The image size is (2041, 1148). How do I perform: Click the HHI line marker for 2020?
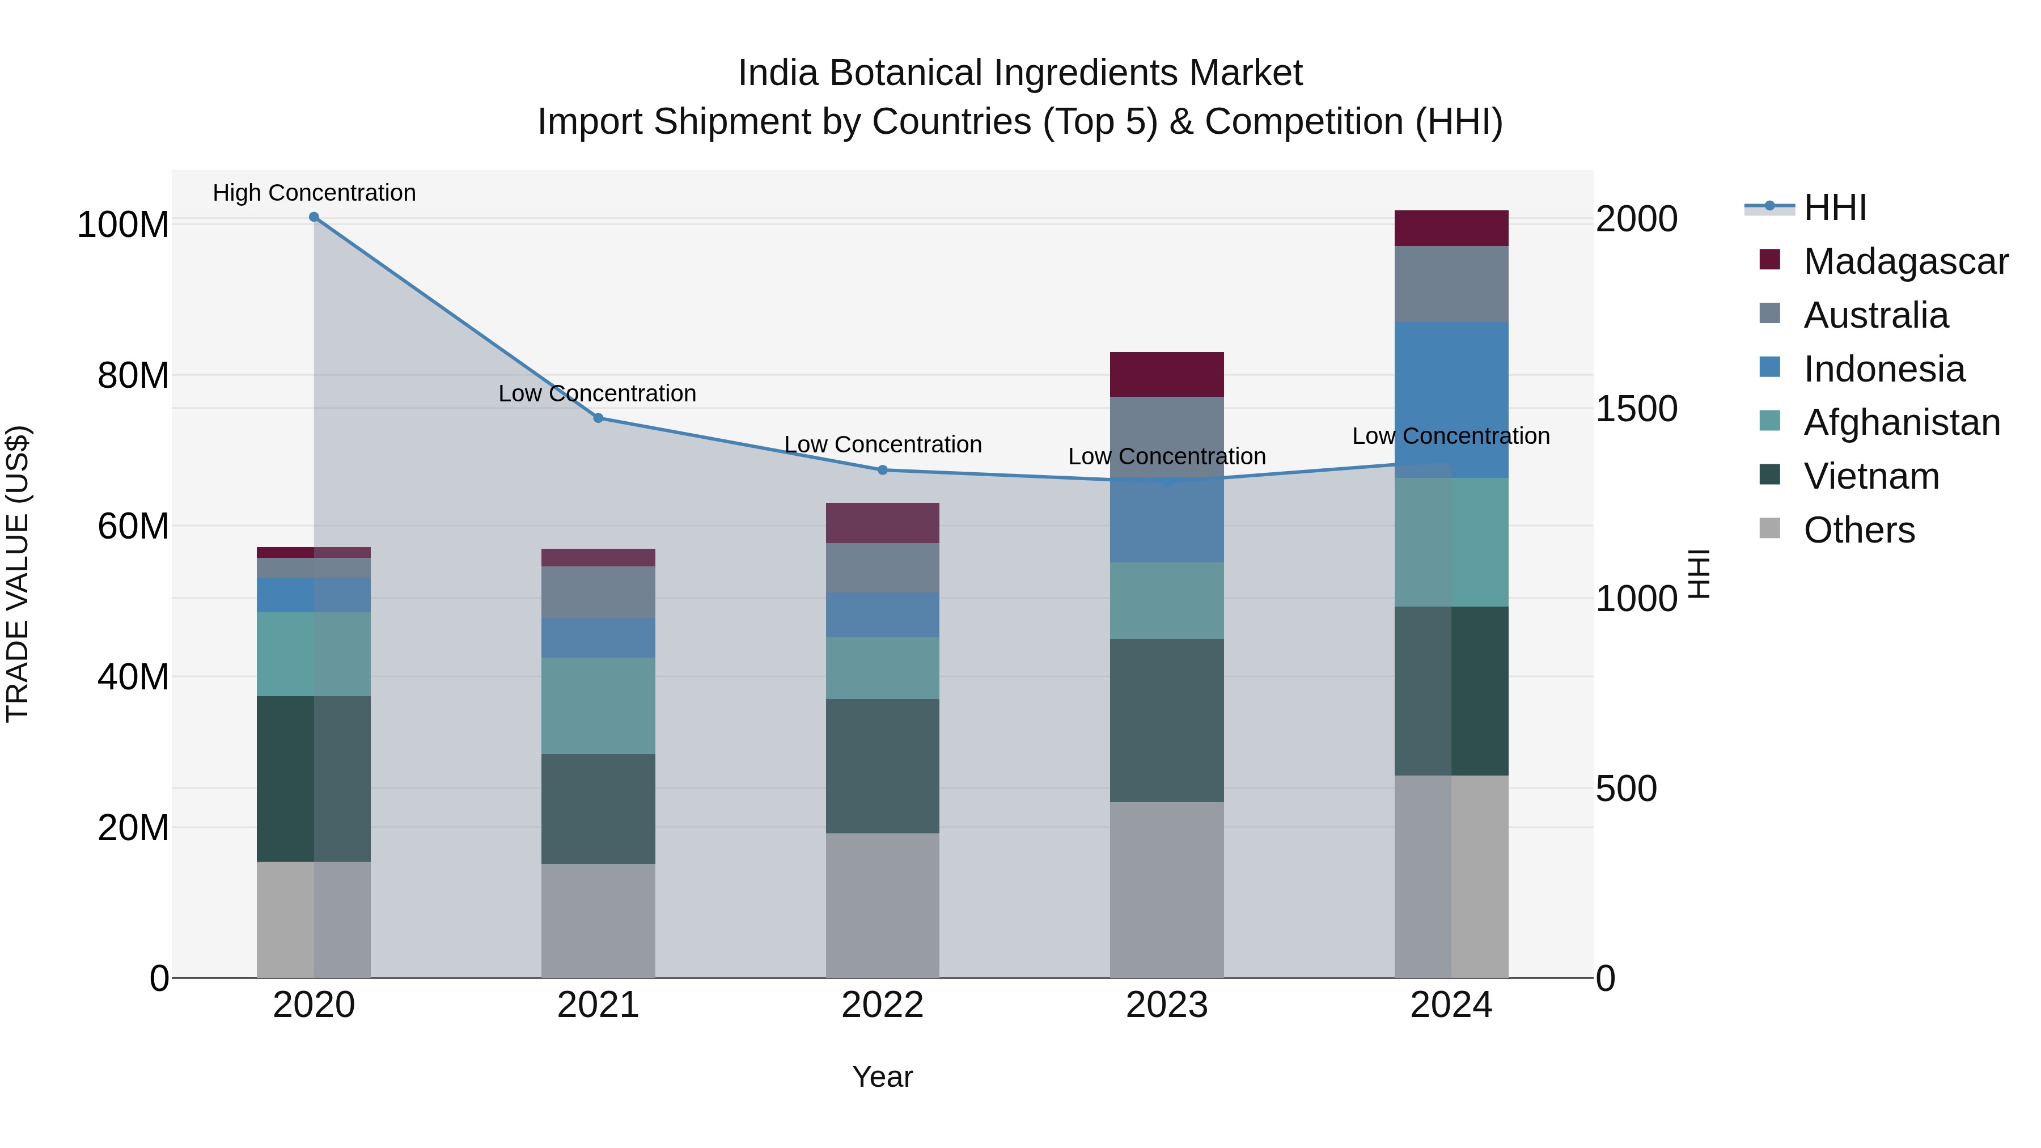click(x=314, y=217)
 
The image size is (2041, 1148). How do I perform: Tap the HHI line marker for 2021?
click(x=598, y=417)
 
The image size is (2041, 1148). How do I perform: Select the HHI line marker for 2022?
click(x=883, y=470)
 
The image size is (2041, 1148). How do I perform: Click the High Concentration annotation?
click(x=314, y=193)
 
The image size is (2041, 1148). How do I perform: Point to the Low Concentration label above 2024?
click(x=1451, y=436)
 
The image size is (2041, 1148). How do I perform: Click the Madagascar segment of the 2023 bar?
click(x=1166, y=374)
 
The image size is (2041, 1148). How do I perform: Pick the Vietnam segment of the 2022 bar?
click(x=883, y=765)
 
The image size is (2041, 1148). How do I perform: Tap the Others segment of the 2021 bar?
click(x=598, y=921)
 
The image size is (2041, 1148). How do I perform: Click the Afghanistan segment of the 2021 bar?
click(x=598, y=705)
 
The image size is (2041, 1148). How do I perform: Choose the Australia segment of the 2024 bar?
click(x=1451, y=283)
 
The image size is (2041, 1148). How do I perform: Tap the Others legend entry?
click(x=1859, y=530)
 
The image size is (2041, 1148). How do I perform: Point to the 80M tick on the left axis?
click(x=133, y=375)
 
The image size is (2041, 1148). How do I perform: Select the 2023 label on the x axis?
click(x=1166, y=1005)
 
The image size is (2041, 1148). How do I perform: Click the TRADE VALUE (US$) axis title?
click(x=18, y=574)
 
